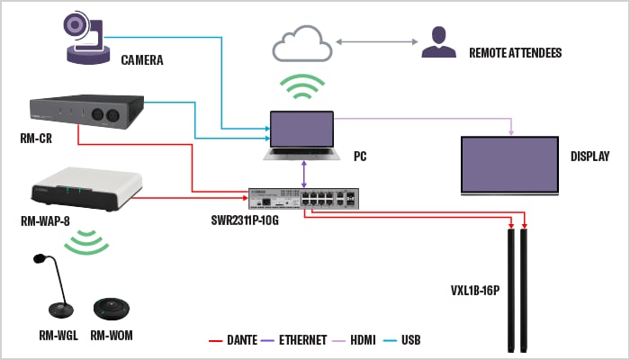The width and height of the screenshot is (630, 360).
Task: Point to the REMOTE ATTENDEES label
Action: click(515, 53)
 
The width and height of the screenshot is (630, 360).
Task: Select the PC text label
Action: click(360, 156)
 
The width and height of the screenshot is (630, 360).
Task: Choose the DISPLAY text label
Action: click(589, 156)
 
